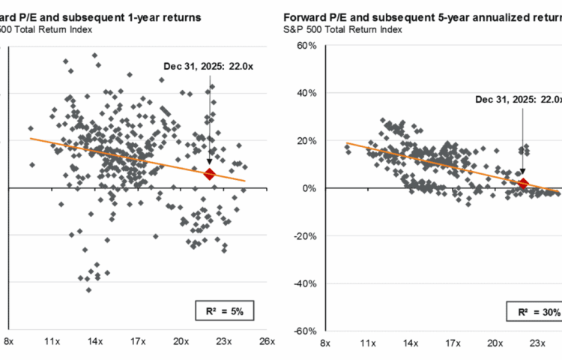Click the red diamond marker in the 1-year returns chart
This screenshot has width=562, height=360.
point(210,174)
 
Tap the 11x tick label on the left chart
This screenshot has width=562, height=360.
point(52,342)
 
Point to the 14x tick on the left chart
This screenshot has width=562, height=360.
point(94,342)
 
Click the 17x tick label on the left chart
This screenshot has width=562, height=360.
point(137,342)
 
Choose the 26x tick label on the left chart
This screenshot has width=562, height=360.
point(267,342)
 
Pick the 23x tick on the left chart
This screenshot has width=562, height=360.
point(224,342)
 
